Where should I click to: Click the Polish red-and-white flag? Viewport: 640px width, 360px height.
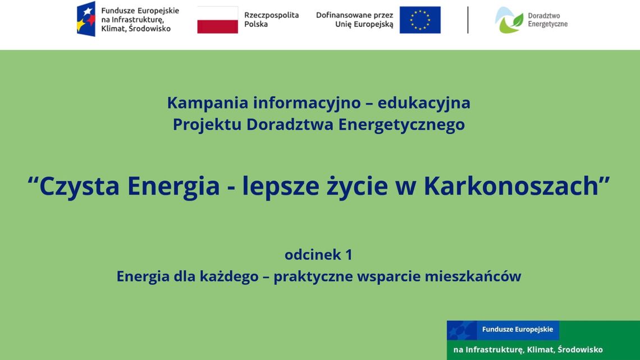[x=217, y=20]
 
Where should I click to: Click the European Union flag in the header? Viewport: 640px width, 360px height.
[x=420, y=20]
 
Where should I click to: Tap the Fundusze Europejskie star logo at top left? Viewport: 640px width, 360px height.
[x=86, y=19]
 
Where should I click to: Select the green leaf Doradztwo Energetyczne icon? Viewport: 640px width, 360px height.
[x=509, y=20]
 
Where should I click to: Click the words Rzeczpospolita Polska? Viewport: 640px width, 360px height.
[x=271, y=20]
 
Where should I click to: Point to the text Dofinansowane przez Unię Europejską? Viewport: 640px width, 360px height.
[x=354, y=20]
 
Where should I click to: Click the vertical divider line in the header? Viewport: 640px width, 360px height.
[x=468, y=20]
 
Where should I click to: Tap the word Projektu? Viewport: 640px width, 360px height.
[x=207, y=124]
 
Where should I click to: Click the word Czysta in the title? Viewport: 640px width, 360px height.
[x=79, y=186]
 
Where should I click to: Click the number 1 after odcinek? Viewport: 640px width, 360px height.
[x=349, y=255]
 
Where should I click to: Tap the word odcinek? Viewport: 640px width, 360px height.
[x=313, y=255]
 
